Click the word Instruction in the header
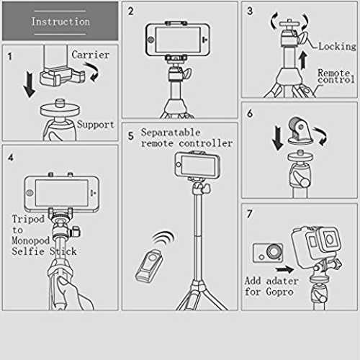(60, 22)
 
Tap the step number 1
(10, 56)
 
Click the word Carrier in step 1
(91, 55)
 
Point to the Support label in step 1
(96, 125)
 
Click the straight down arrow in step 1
(30, 85)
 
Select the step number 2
(130, 12)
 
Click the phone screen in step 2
(178, 40)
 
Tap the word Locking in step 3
(337, 47)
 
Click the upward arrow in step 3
(303, 60)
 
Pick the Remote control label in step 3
(336, 76)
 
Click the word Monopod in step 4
(31, 240)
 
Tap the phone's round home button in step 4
(30, 192)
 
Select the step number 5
(130, 136)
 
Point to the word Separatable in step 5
(171, 132)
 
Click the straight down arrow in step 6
(278, 138)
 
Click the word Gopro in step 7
(280, 292)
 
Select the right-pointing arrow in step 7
(284, 269)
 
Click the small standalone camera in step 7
(268, 253)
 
